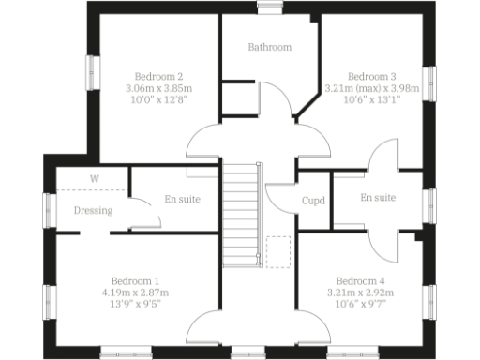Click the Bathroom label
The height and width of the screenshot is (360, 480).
[x=269, y=47]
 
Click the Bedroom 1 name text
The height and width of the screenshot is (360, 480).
[x=135, y=280]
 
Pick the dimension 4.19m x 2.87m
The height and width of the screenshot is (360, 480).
[x=135, y=292]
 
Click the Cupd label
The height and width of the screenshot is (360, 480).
[x=313, y=200]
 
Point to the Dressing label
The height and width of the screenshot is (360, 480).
[x=94, y=210]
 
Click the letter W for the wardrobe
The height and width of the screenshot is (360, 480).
[x=94, y=178]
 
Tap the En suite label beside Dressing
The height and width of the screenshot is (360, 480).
[x=182, y=199]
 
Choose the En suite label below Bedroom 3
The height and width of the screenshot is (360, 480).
[x=378, y=198]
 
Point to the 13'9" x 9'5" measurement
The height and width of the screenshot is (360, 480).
[x=135, y=305]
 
